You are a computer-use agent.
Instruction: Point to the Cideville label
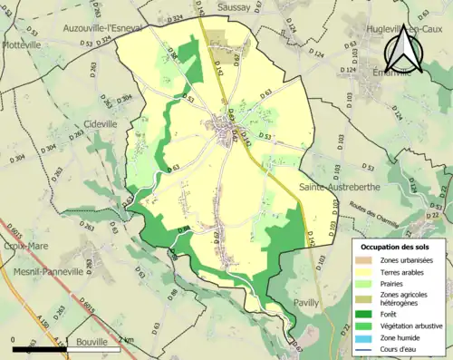[100, 122]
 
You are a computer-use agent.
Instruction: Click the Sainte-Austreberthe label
[345, 186]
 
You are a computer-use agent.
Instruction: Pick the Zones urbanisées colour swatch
[365, 261]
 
